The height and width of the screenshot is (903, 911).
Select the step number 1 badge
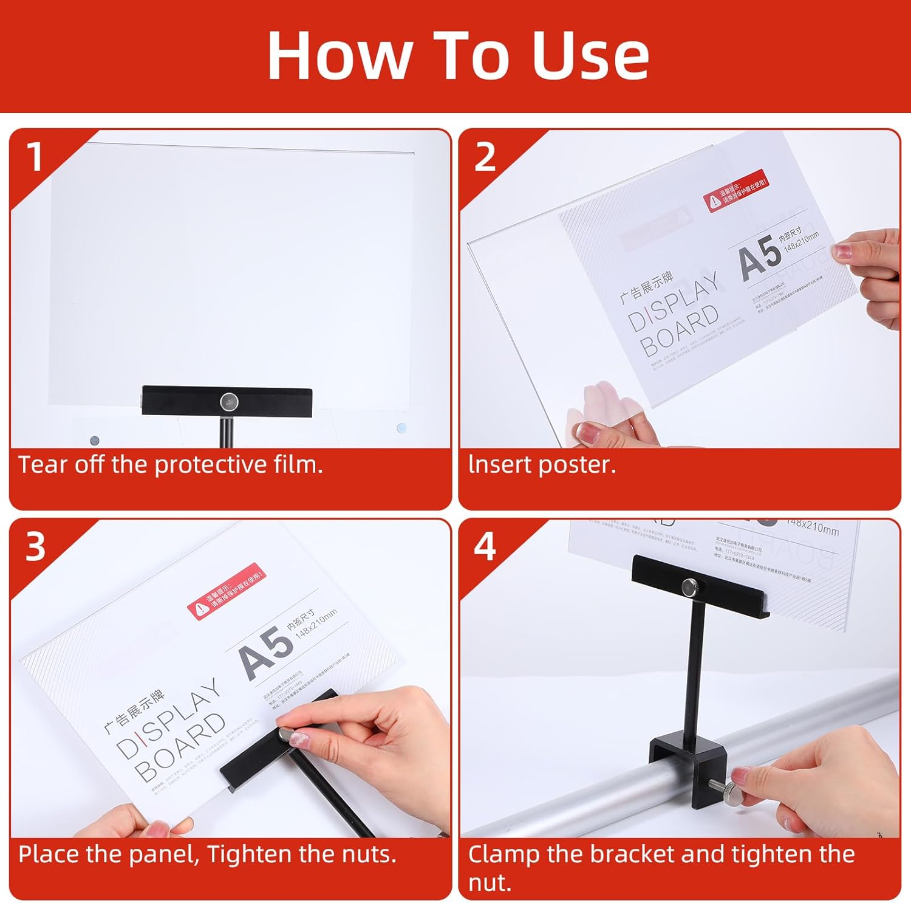[35, 157]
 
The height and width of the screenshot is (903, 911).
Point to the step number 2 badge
[485, 157]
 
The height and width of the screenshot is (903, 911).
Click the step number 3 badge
[35, 546]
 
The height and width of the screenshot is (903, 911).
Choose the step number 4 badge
[485, 546]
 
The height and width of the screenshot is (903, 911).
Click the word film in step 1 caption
[297, 465]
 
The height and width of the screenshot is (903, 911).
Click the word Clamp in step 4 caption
[503, 854]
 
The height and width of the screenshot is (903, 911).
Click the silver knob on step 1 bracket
[228, 400]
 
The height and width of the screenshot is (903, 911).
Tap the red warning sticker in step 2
[735, 191]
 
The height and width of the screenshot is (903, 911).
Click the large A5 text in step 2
[760, 258]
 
